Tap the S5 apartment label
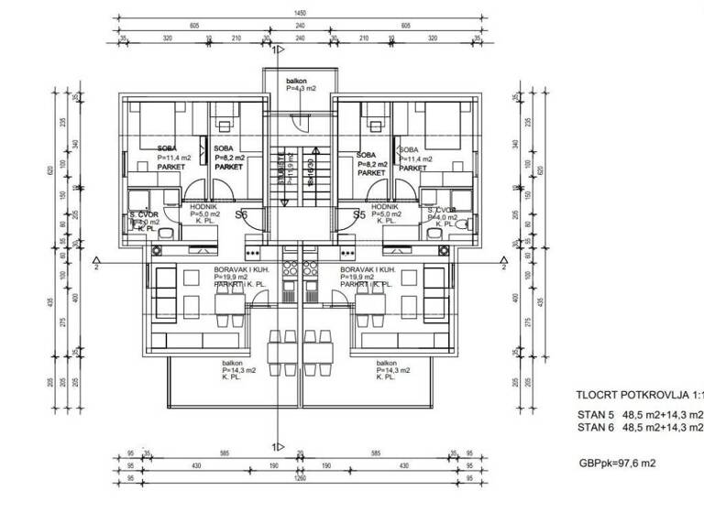tap(360, 215)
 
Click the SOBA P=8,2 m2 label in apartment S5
tap(371, 164)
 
